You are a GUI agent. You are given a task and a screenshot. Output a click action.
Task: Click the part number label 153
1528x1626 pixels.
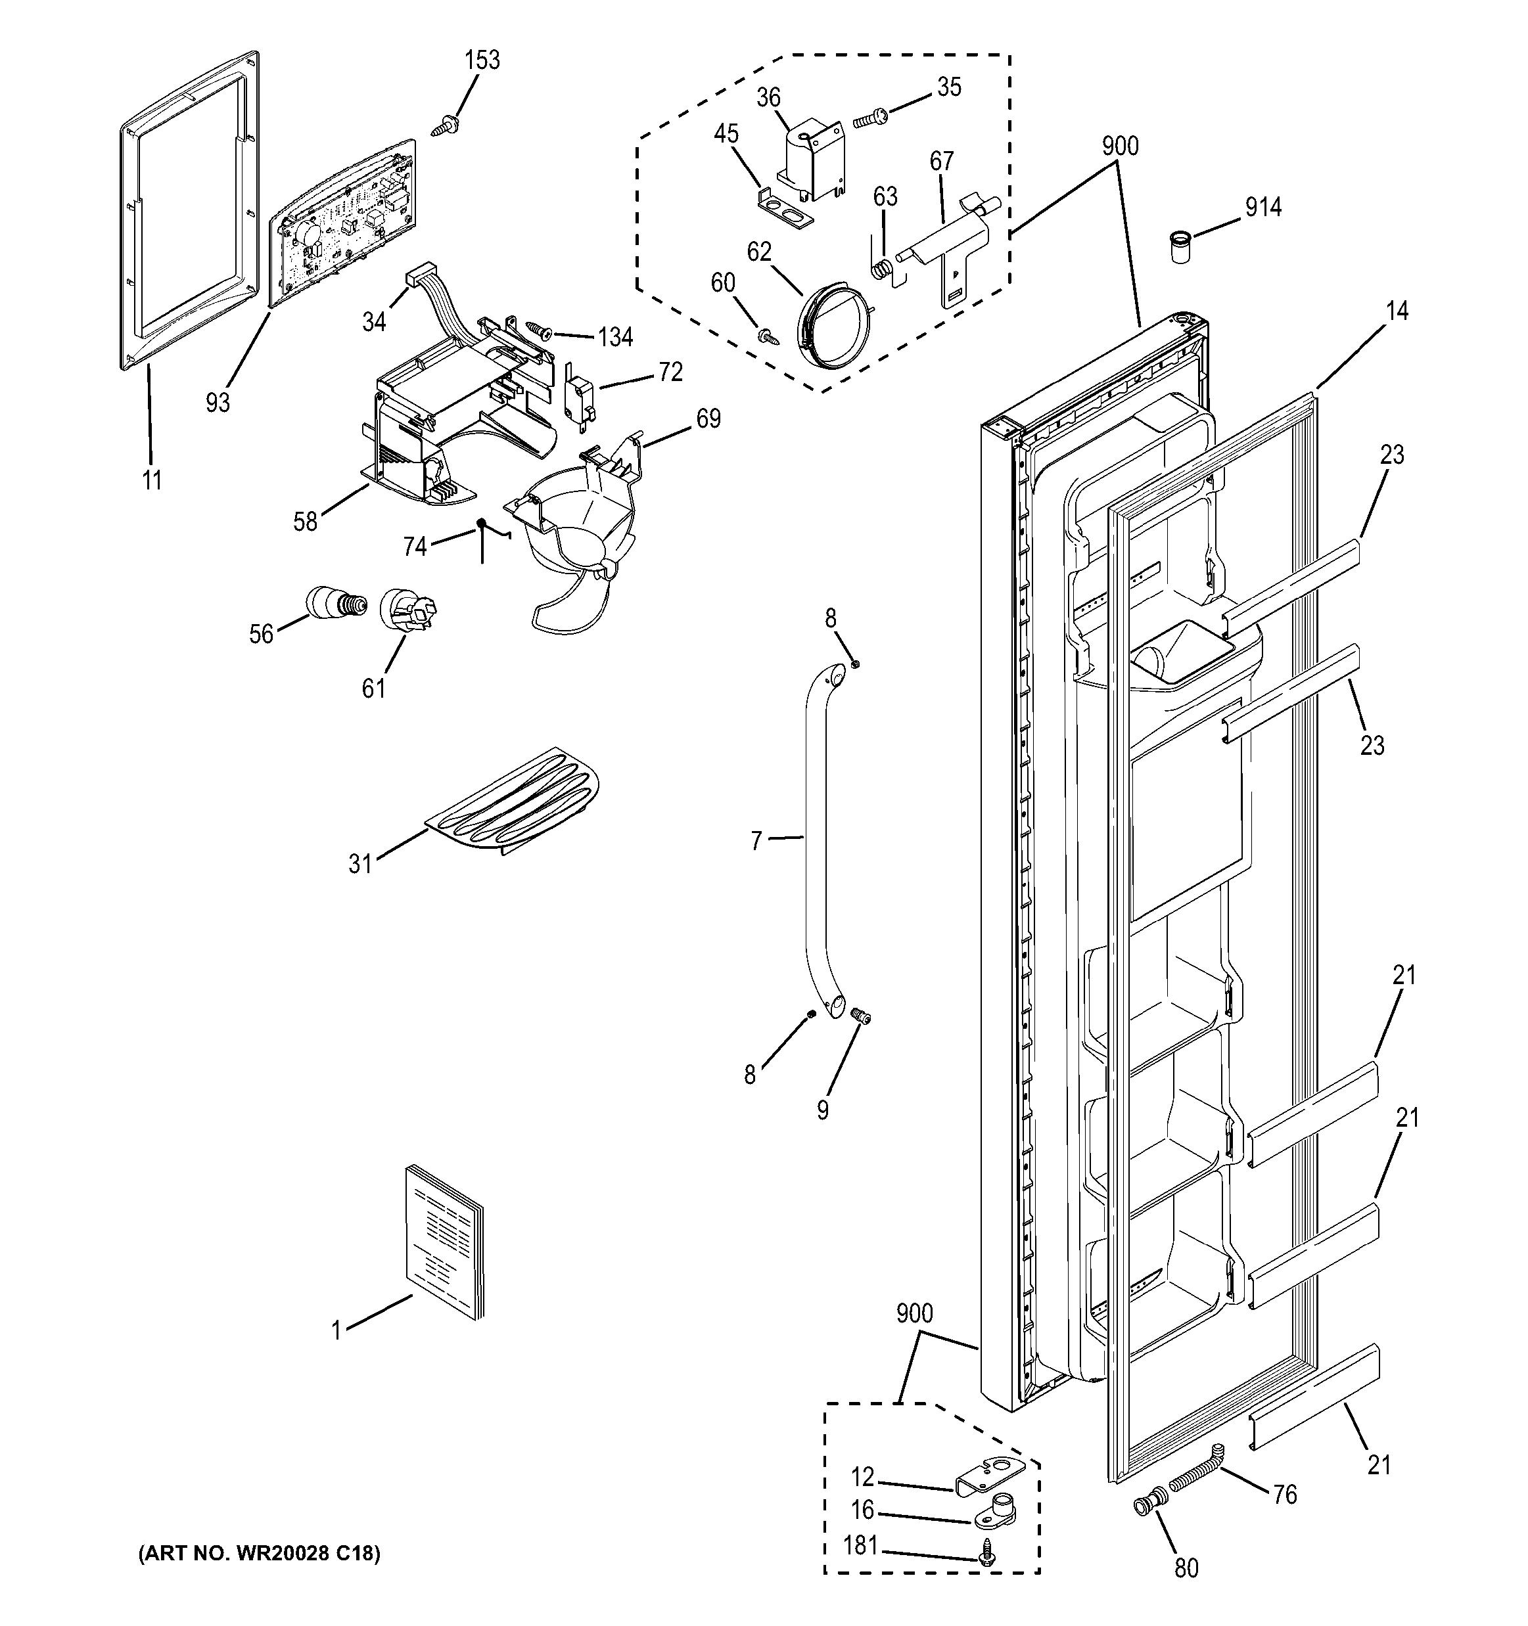[482, 60]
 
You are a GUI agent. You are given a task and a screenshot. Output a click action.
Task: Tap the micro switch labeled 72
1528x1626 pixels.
[579, 396]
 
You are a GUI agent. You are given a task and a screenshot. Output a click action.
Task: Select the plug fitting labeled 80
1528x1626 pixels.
[1146, 1505]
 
